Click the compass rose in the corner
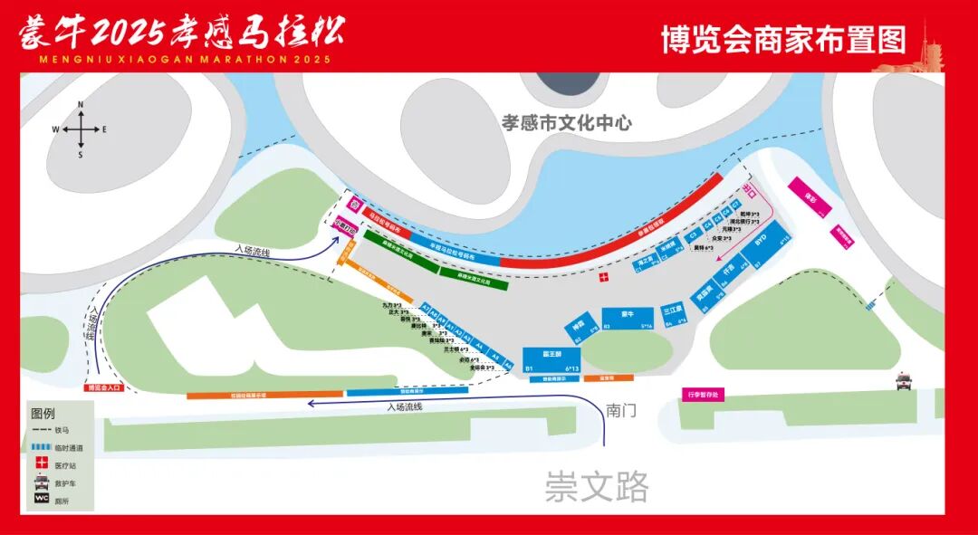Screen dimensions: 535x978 [x=81, y=129]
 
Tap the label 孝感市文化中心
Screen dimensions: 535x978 [x=566, y=123]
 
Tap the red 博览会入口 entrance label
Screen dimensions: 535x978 [x=103, y=387]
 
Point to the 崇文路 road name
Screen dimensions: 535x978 [x=597, y=488]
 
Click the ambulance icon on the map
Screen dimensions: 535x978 [x=904, y=381]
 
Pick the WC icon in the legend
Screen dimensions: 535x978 [x=41, y=497]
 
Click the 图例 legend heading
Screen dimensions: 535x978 [x=44, y=412]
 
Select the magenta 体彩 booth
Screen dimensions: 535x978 [x=808, y=197]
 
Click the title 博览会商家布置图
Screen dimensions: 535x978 [x=783, y=41]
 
